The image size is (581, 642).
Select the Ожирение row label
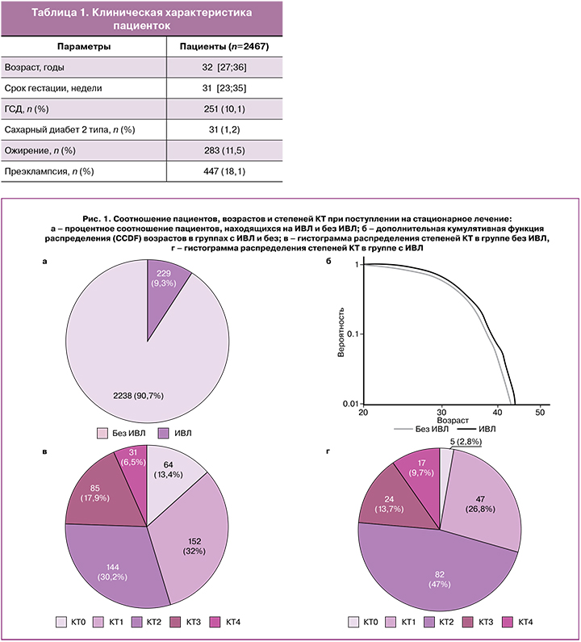[40, 151]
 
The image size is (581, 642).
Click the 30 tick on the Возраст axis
[441, 412]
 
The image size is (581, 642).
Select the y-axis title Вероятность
[341, 332]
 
